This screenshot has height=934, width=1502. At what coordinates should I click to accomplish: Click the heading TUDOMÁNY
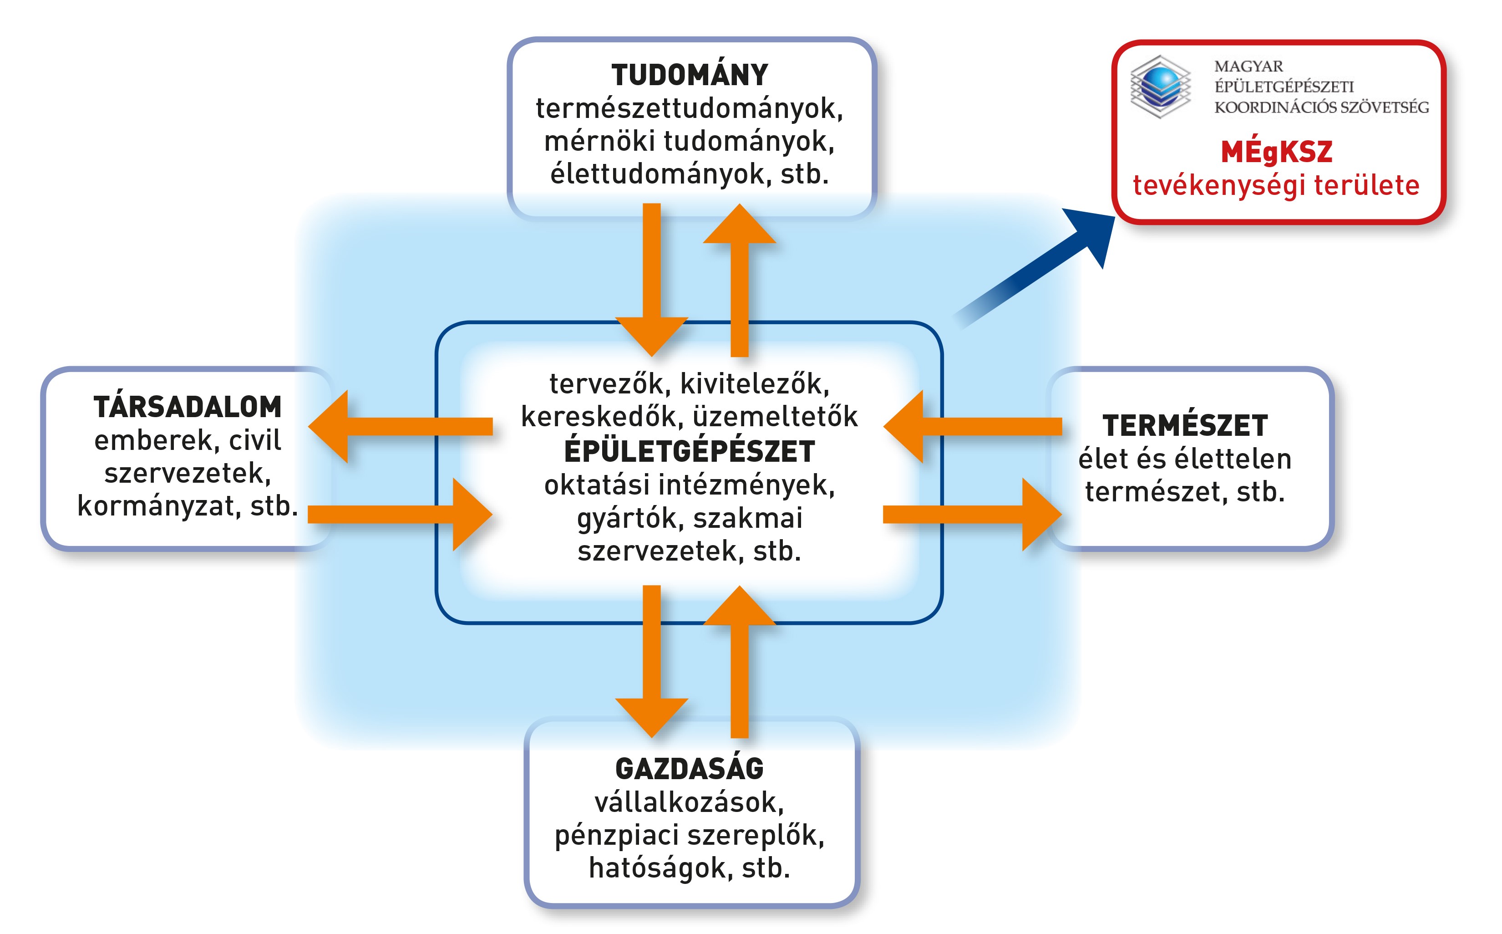(689, 75)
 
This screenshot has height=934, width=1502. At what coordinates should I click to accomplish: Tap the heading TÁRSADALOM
(188, 407)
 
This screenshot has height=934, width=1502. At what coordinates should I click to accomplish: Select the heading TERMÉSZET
(1185, 426)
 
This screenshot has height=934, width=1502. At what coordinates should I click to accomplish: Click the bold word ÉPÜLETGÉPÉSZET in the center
(689, 452)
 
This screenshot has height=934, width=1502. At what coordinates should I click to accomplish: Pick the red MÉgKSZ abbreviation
(1276, 152)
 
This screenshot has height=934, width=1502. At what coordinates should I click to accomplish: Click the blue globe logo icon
(1160, 87)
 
